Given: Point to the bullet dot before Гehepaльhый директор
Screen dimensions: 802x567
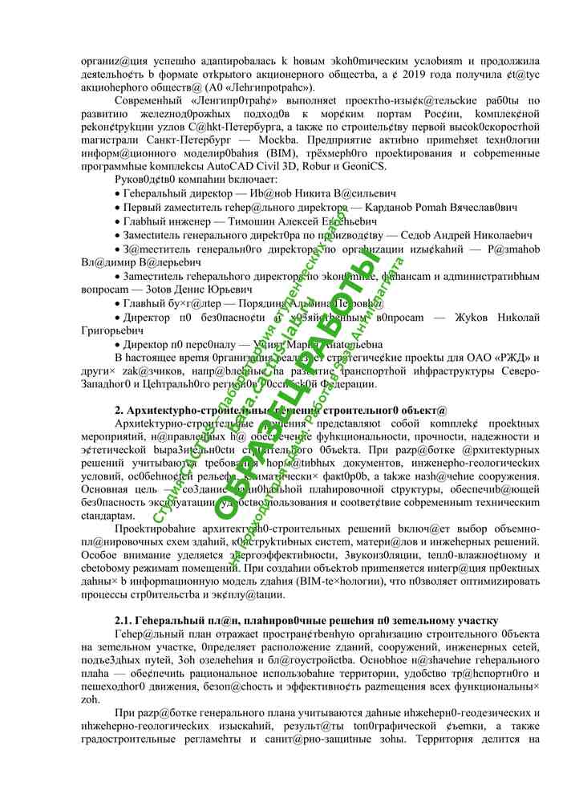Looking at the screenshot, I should [x=118, y=194].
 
